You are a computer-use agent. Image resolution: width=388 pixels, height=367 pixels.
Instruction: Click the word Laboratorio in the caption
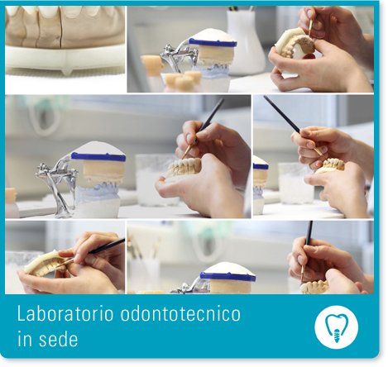(65, 313)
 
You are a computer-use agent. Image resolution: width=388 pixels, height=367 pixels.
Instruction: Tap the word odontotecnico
(180, 313)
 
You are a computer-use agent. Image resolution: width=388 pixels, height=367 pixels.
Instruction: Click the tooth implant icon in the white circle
(336, 327)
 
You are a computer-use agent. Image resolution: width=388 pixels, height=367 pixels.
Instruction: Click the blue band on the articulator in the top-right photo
(213, 43)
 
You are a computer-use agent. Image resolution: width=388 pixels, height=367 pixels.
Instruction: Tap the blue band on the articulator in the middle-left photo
(98, 156)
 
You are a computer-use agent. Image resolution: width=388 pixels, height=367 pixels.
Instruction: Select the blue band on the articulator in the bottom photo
(228, 276)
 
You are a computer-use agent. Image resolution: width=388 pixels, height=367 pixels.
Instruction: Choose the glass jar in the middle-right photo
(295, 183)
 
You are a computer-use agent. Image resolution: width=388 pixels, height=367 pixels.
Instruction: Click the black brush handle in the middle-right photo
(282, 113)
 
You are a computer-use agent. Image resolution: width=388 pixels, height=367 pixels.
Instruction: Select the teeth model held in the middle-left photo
(184, 167)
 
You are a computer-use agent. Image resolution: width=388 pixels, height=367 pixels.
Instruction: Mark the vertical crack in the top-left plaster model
(60, 31)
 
